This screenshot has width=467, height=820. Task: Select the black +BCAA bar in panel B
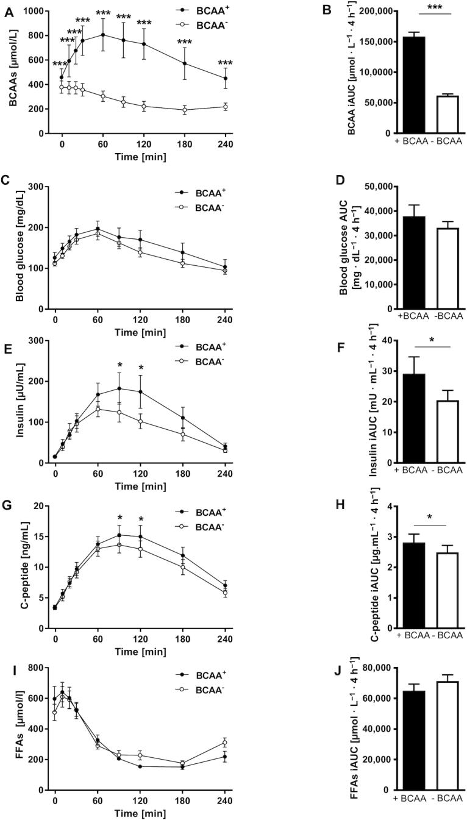tap(414, 85)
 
